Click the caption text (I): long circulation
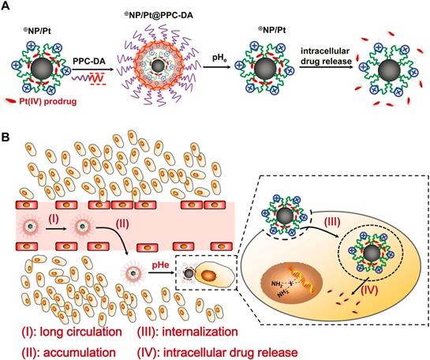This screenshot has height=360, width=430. click(57, 328)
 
